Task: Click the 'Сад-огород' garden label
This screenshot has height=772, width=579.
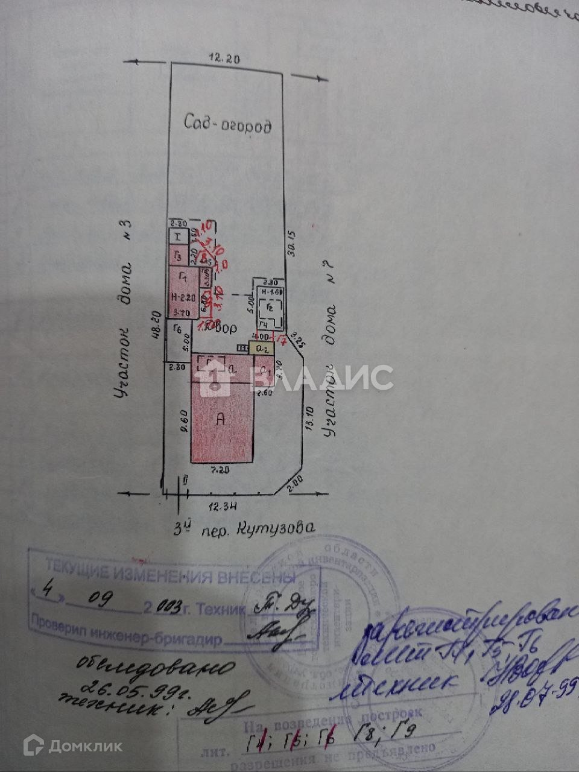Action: pos(228,125)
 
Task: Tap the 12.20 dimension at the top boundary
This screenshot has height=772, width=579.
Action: pos(224,59)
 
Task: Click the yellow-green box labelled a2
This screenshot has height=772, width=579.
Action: pos(262,348)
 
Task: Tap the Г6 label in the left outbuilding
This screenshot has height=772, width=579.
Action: pos(177,329)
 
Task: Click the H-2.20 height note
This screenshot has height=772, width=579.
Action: pos(182,297)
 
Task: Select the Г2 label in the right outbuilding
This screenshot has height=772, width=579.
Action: pos(270,308)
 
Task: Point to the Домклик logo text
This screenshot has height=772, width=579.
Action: pos(85,746)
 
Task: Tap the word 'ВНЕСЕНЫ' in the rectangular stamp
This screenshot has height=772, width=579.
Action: pos(260,577)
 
